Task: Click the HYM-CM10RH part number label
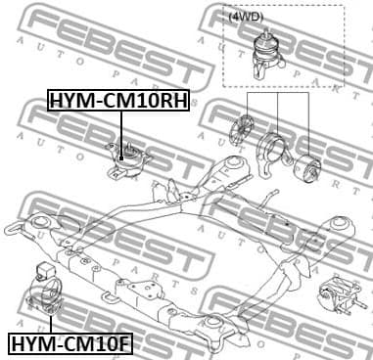click(x=118, y=101)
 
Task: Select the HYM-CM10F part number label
click(x=71, y=342)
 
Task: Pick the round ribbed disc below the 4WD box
click(x=241, y=131)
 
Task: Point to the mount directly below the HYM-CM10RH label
click(x=123, y=158)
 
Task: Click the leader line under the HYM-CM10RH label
click(x=120, y=127)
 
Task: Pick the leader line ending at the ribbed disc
click(x=246, y=108)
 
